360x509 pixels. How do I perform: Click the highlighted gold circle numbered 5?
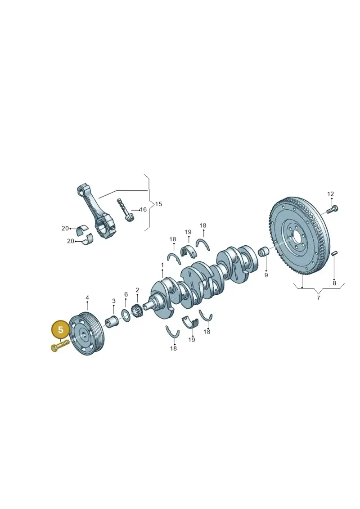(x=60, y=330)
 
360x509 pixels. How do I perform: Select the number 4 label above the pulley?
(x=87, y=297)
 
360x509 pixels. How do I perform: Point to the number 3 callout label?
(x=113, y=301)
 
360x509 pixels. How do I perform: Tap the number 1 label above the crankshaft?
(x=162, y=266)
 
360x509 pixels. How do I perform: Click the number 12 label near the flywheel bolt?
(x=330, y=194)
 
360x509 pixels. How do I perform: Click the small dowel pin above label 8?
(x=335, y=253)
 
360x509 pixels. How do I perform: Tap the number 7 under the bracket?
(x=318, y=298)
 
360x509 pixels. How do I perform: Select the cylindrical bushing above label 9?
(x=264, y=251)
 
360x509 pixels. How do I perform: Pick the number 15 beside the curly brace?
(x=158, y=204)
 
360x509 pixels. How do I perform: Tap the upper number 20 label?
(x=65, y=229)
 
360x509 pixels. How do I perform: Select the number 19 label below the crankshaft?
(x=192, y=339)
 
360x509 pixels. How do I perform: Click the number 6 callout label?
(x=126, y=294)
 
